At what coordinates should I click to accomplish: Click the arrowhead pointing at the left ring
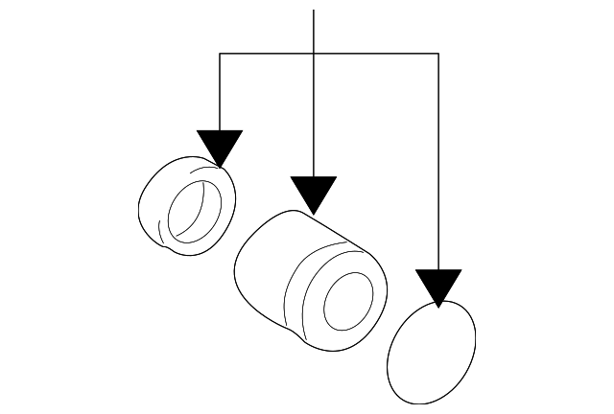[220, 146]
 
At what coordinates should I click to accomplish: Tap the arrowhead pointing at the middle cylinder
[314, 192]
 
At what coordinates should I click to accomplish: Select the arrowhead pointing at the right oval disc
[438, 285]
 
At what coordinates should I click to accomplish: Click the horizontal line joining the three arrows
[374, 54]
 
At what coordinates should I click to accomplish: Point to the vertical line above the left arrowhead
[220, 91]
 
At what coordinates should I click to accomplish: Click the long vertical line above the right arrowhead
[438, 163]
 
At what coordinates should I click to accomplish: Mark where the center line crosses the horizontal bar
[314, 54]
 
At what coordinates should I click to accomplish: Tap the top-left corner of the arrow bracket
[220, 54]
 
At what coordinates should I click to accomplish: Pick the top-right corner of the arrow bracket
[438, 54]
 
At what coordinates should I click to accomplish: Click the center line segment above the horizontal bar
[314, 29]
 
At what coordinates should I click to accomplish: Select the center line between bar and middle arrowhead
[314, 115]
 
